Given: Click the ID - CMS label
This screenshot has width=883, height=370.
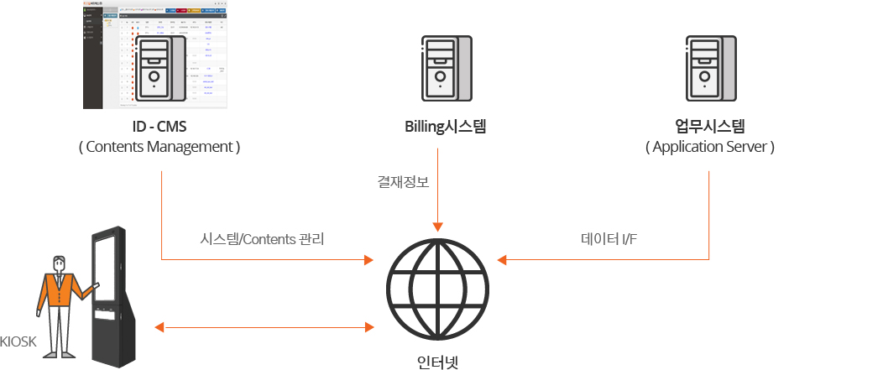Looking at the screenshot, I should click(159, 128).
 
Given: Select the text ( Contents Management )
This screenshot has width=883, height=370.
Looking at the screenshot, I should click(159, 147).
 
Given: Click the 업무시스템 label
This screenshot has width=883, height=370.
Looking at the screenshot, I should click(710, 128).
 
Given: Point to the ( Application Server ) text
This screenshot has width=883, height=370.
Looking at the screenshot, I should click(710, 147).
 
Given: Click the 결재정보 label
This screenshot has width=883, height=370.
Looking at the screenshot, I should click(403, 181).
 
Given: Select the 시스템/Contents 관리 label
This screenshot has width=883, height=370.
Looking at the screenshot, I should click(262, 239).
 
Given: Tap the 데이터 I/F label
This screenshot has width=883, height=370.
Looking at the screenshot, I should click(609, 239).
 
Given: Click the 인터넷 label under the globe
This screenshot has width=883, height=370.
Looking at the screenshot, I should click(438, 362).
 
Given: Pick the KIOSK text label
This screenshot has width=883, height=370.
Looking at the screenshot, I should click(18, 341).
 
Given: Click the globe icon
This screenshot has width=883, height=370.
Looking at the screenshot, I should click(437, 287).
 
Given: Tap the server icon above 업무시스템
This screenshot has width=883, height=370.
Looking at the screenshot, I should click(710, 69).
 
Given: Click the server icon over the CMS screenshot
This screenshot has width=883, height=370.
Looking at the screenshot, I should click(158, 69).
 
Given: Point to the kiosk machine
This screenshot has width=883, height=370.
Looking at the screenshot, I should click(112, 294).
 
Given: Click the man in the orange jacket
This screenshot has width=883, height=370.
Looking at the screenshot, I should click(59, 302).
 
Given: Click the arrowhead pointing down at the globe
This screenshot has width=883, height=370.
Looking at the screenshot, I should click(437, 227).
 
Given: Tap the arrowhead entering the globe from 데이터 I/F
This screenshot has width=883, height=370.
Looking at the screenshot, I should click(503, 258).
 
